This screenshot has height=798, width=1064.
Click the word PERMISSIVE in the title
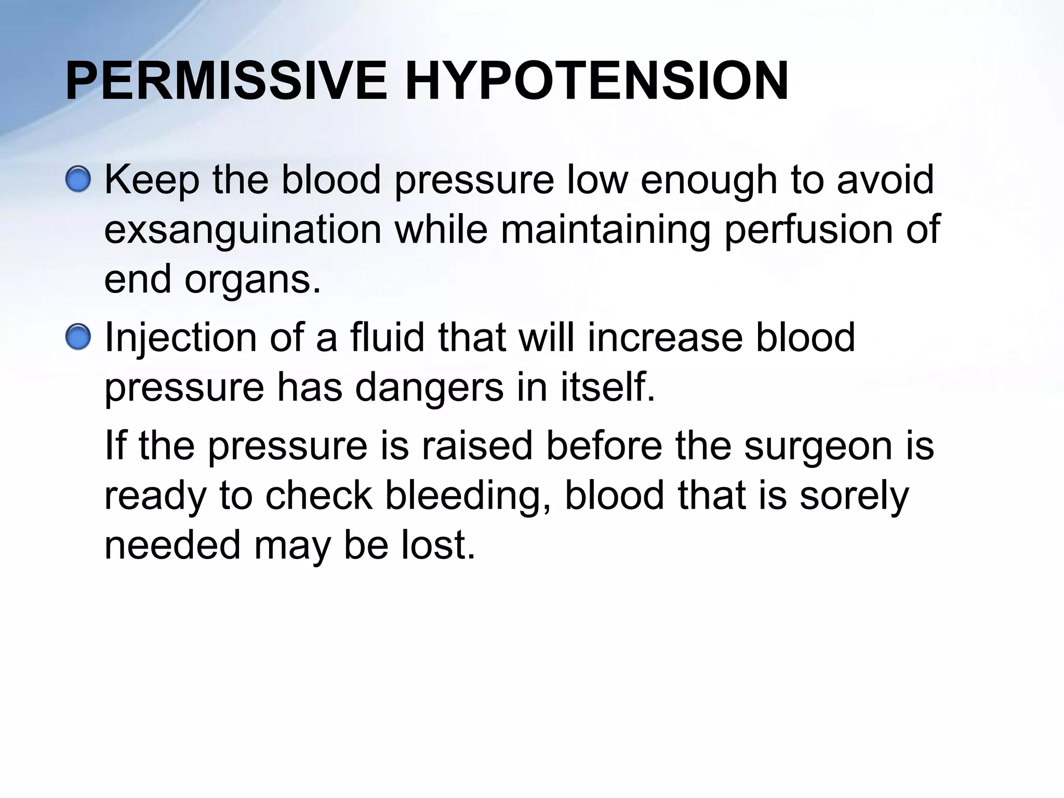(226, 82)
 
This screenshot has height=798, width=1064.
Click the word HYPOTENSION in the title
(596, 82)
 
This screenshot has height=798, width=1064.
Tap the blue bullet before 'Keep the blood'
(78, 180)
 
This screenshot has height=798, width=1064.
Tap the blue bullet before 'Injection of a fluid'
(78, 338)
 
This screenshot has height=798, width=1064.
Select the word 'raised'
(477, 446)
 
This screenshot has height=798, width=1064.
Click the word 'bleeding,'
(468, 496)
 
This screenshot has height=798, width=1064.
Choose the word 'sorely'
(854, 496)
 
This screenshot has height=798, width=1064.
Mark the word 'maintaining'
(605, 230)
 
